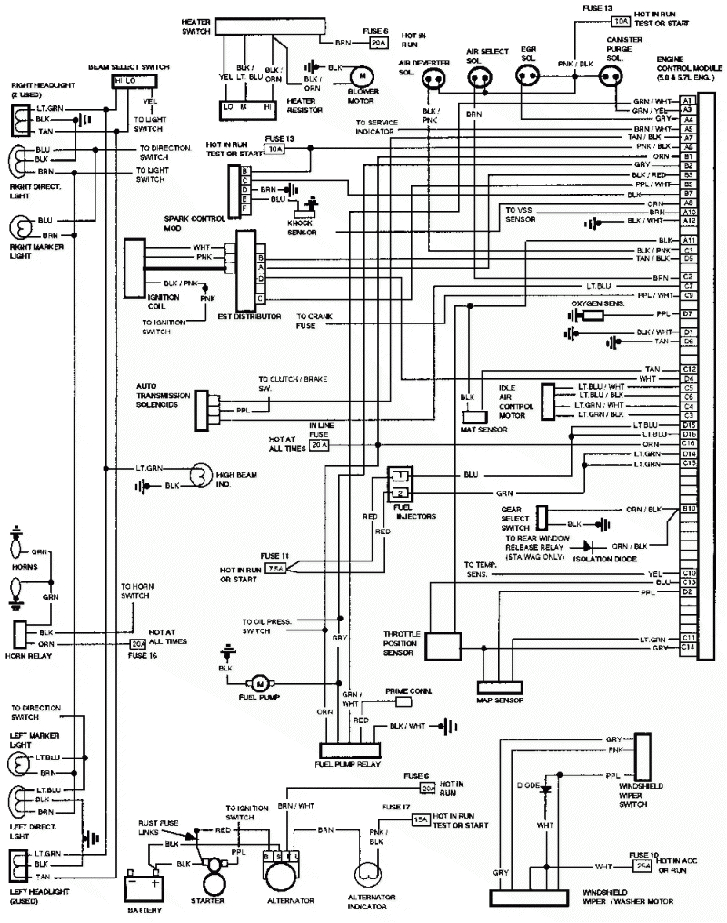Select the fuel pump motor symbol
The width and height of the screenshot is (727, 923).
click(257, 681)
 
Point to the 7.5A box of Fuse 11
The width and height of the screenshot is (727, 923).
click(276, 569)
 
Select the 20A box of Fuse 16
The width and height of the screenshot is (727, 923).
click(138, 644)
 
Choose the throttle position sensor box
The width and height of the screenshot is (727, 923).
click(445, 645)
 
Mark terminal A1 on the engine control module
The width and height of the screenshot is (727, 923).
click(688, 100)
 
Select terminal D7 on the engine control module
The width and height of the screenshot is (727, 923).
click(688, 314)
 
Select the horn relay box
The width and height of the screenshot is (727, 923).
click(20, 634)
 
